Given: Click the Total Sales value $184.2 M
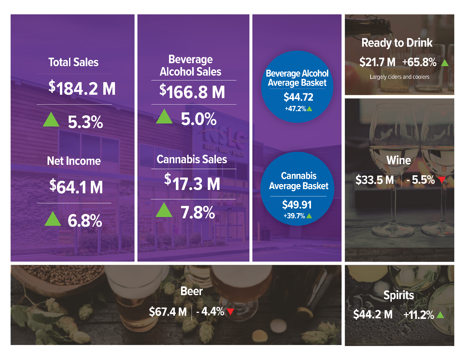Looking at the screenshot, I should click(x=82, y=89).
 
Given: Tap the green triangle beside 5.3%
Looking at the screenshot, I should click(x=51, y=120).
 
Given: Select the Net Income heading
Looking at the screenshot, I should click(x=74, y=161).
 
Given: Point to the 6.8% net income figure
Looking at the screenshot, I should click(x=85, y=221).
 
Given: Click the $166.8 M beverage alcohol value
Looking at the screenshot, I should click(x=192, y=92).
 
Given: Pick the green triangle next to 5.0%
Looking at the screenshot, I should click(x=164, y=117).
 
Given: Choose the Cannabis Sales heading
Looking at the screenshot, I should click(x=192, y=159).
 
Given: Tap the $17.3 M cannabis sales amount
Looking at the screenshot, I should click(x=192, y=183).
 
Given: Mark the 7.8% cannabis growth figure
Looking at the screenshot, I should click(x=198, y=213).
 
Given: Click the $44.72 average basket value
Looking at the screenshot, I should click(x=298, y=97).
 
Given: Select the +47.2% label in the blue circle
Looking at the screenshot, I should click(x=295, y=109).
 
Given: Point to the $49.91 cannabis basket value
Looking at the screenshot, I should click(x=297, y=205).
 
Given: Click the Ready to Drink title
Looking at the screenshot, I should click(x=397, y=43).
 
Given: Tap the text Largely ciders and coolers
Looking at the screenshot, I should click(x=400, y=77).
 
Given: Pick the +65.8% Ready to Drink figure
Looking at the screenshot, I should click(x=419, y=62).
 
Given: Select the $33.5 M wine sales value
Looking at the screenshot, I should click(x=374, y=180).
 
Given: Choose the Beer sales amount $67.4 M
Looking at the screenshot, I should click(x=168, y=312).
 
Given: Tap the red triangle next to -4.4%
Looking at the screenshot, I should click(x=231, y=312).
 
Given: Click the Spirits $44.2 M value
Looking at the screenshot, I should click(x=373, y=314).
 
